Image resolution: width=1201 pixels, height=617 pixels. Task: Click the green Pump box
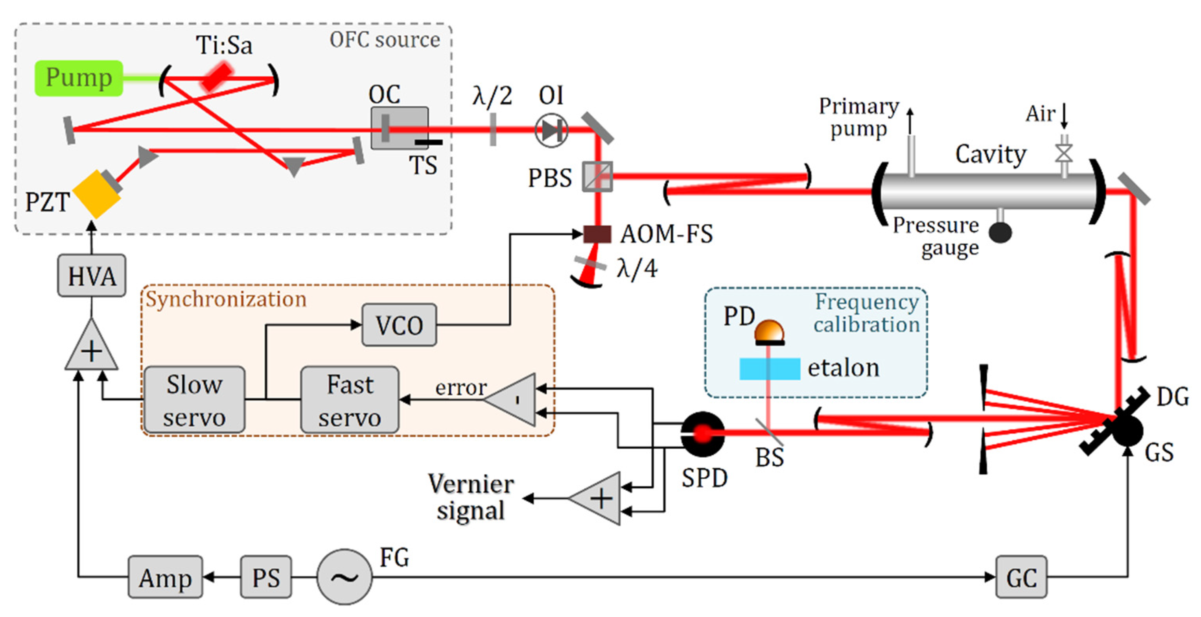[78, 78]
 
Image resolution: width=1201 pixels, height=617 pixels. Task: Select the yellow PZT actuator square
[96, 194]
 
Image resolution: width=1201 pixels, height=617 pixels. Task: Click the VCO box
[399, 325]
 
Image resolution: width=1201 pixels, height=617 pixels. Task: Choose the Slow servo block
[194, 400]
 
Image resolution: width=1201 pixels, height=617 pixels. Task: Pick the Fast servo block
[350, 400]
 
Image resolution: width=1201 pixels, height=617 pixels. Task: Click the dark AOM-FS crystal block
[597, 234]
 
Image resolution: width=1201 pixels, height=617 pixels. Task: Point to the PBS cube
[597, 177]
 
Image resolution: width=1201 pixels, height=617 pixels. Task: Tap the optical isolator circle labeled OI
[551, 131]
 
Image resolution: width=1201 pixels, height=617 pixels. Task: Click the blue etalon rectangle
[769, 368]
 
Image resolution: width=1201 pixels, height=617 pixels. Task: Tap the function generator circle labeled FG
[344, 577]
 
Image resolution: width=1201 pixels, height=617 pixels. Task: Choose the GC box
[1021, 577]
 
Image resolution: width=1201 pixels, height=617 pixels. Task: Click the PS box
[266, 577]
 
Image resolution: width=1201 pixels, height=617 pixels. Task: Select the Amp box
[165, 577]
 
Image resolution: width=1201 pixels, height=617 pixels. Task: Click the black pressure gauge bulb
[1000, 232]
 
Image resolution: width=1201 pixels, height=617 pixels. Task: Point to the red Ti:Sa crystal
[217, 77]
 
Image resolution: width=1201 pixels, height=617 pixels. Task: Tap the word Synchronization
[226, 299]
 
